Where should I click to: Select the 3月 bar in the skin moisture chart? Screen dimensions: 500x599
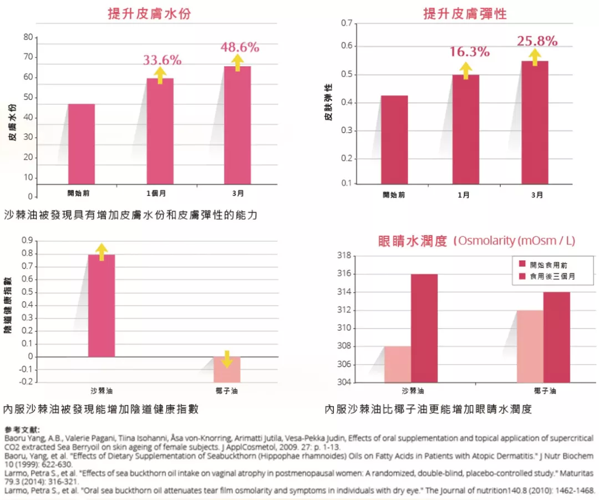tap(237, 125)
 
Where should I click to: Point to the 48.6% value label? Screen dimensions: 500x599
tap(240, 47)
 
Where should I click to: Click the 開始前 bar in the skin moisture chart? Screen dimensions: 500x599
tap(82, 144)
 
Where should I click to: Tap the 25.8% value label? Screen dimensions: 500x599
tap(537, 41)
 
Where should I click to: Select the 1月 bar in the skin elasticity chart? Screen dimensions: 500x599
tap(466, 129)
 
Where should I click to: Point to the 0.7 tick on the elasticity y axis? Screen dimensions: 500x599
tap(348, 23)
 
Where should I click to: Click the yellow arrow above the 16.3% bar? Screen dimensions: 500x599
tap(466, 70)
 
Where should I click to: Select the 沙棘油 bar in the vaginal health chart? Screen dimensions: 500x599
tap(101, 305)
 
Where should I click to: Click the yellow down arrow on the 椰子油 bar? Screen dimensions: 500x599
tap(226, 359)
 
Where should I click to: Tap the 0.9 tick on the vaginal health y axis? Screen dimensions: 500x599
tap(26, 241)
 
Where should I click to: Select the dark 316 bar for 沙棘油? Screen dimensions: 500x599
tap(424, 328)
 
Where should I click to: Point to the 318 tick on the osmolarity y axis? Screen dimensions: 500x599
tap(345, 256)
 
